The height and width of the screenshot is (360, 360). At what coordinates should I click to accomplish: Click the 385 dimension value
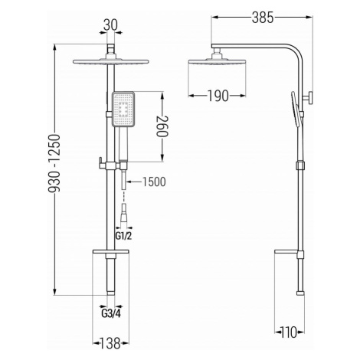pos(263,18)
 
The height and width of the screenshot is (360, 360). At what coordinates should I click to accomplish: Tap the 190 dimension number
pos(218,96)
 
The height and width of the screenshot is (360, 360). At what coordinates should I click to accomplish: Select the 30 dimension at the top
pos(110,25)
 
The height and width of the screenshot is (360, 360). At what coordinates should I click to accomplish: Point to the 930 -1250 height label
pos(54,163)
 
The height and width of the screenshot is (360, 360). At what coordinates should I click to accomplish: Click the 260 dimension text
pos(162,126)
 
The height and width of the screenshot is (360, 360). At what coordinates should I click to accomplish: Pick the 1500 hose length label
pos(154,182)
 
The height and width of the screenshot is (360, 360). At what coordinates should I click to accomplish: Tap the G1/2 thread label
pos(124,236)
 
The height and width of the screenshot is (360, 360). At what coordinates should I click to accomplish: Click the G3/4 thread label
pos(111,313)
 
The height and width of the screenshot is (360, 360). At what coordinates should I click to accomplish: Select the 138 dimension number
pos(110,343)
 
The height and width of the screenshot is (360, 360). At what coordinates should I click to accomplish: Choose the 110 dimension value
pos(290,332)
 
